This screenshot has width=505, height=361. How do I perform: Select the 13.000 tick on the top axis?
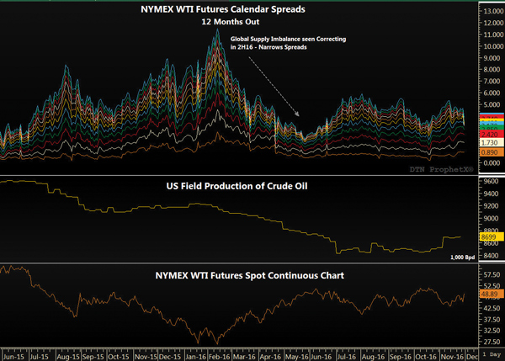tap(488, 10)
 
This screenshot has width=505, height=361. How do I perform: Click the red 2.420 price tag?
tap(487, 134)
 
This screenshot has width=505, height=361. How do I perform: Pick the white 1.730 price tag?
tap(487, 143)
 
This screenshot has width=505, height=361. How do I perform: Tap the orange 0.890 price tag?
tap(487, 153)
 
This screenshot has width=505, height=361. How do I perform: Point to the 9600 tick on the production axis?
tap(488, 181)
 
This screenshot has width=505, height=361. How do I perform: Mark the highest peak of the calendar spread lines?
tap(219, 30)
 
